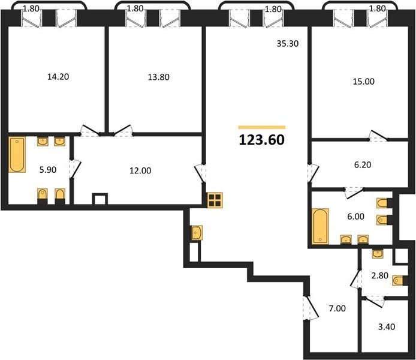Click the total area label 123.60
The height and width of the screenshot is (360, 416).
261,140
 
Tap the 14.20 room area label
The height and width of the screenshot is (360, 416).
58,77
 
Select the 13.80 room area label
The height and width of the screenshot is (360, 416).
158,77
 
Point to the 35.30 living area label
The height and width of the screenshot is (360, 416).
288,43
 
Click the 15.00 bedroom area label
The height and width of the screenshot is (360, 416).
363,82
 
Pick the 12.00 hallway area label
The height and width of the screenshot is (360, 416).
140,170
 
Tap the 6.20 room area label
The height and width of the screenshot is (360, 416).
363,165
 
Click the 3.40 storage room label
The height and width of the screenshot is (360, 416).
387,326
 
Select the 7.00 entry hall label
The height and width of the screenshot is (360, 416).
337,308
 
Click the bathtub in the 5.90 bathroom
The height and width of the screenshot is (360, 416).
17,155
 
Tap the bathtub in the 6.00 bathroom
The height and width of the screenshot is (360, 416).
321,226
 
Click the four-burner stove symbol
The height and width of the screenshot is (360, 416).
215,200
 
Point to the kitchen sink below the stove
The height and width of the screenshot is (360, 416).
197,233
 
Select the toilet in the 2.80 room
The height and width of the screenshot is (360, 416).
398,281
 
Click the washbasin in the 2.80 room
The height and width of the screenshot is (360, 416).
377,254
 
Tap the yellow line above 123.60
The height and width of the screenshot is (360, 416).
261,127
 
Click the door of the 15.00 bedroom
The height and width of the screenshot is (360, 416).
378,136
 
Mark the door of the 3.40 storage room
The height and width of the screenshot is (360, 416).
375,302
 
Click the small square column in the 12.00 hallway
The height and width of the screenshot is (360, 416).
100,199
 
